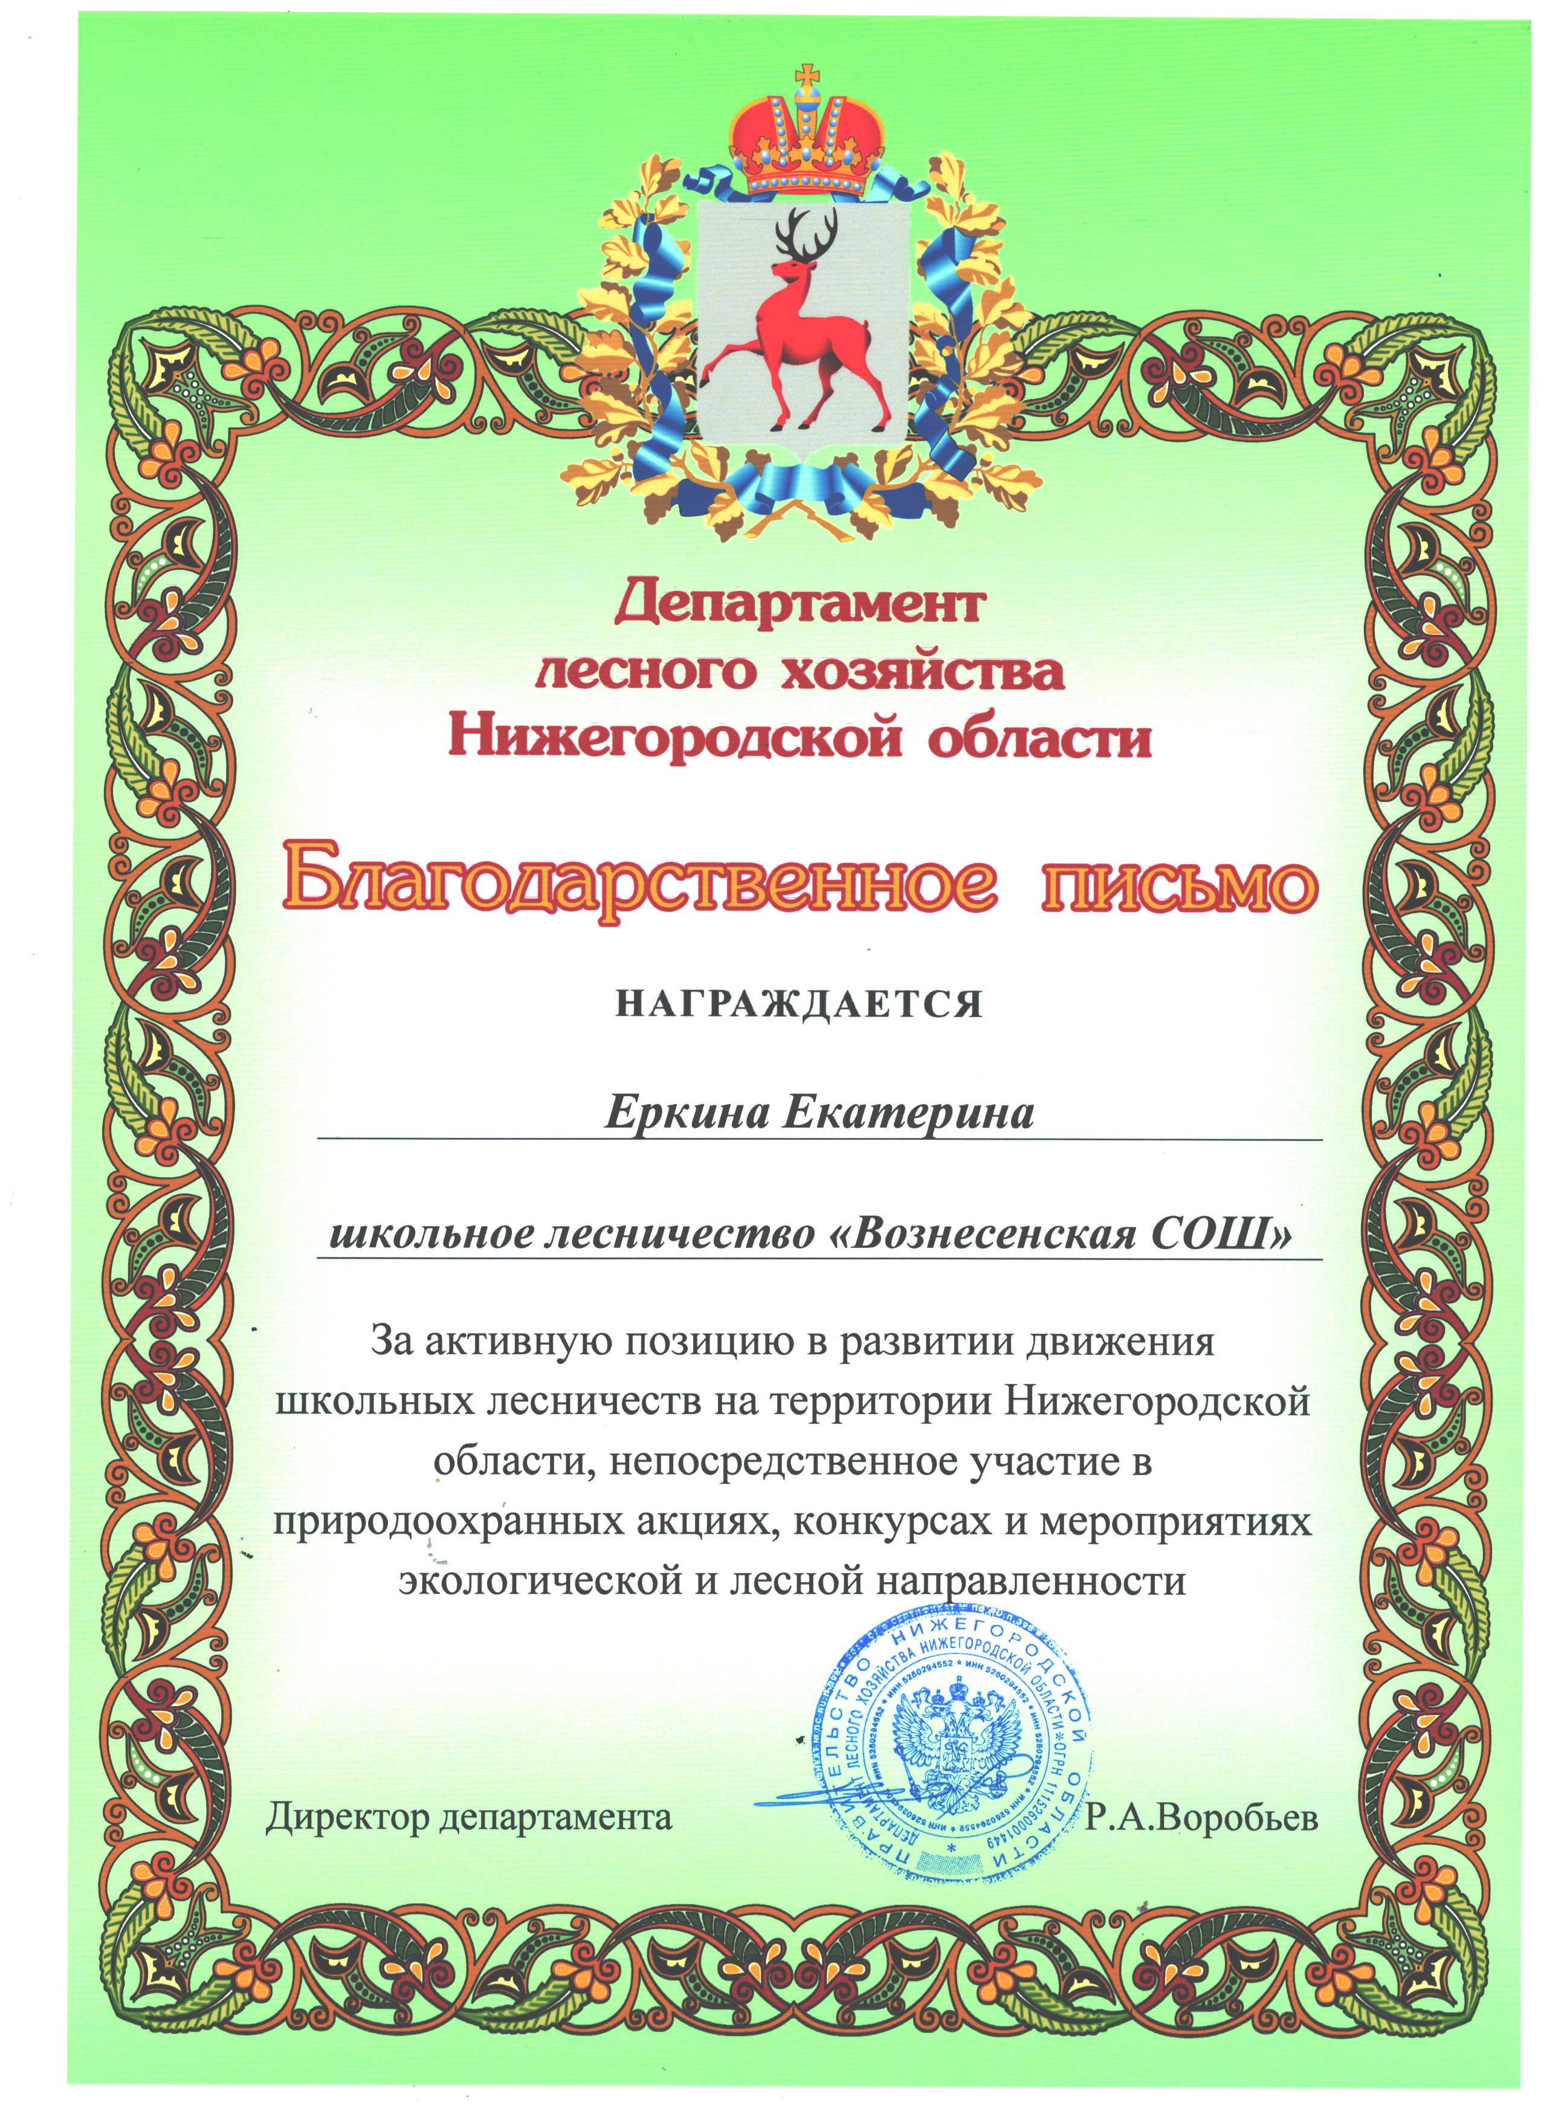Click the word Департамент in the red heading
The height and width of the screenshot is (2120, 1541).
pyautogui.click(x=799, y=603)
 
